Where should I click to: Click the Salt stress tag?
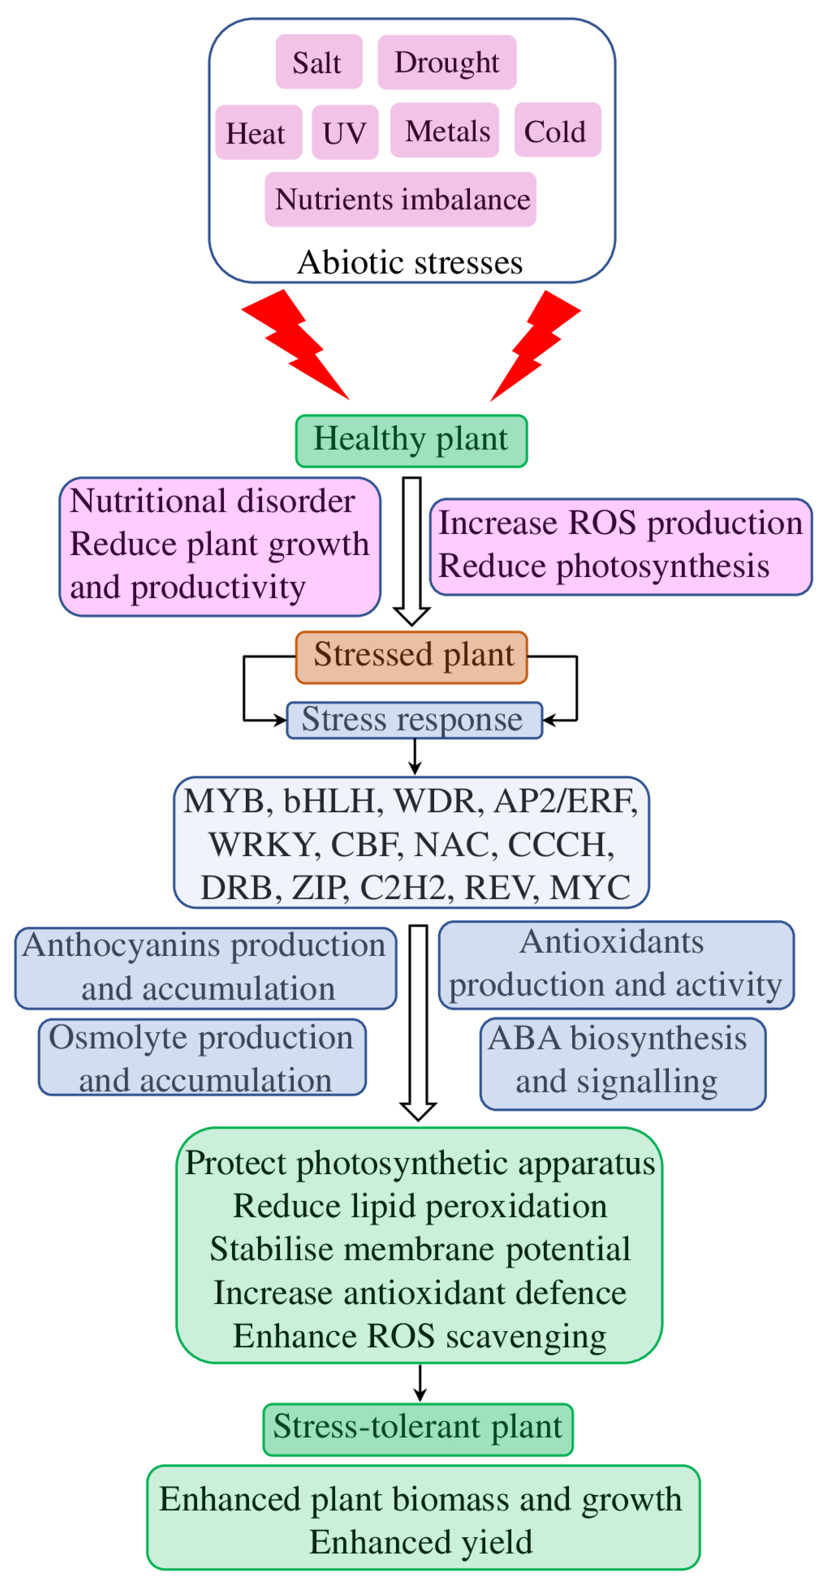(318, 62)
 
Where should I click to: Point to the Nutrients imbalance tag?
(400, 199)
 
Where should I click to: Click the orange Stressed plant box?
(412, 657)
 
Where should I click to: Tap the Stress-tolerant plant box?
(418, 1429)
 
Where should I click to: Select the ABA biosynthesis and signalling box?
(622, 1063)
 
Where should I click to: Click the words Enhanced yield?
(421, 1542)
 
